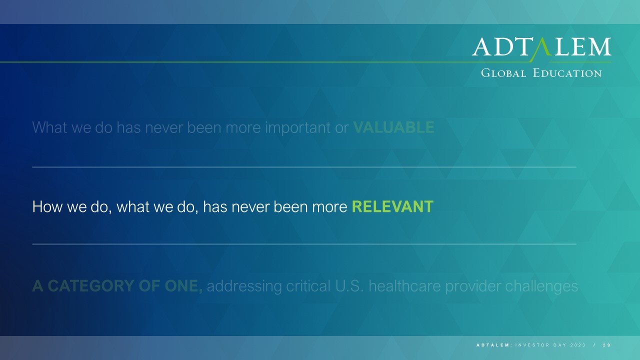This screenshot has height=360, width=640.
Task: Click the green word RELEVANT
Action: [x=392, y=206]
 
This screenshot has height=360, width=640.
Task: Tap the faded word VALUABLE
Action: [x=393, y=127]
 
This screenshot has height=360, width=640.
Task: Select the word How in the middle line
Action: [x=47, y=206]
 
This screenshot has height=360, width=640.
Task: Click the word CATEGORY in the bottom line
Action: [x=91, y=286]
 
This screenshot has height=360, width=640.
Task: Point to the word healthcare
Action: [x=404, y=286]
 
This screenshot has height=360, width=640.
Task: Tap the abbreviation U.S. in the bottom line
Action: [x=349, y=286]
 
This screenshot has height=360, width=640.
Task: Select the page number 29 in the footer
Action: [x=607, y=345]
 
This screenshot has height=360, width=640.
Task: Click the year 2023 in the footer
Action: [x=578, y=345]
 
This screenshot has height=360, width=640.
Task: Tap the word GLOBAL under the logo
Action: [x=503, y=73]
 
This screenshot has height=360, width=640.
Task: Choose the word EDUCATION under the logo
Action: [x=567, y=73]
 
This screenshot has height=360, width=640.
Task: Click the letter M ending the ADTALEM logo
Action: [x=599, y=47]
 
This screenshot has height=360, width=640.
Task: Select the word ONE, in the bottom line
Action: [x=183, y=286]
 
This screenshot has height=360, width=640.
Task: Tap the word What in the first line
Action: [x=49, y=127]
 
